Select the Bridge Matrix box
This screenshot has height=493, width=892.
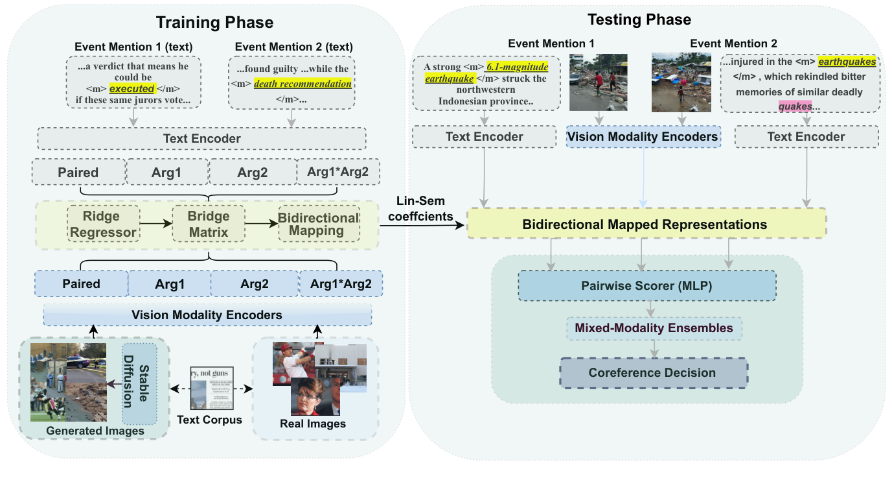tap(209, 224)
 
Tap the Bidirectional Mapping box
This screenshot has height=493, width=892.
tap(319, 224)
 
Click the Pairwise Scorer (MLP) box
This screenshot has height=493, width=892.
tap(646, 285)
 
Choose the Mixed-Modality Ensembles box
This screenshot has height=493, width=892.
tap(654, 328)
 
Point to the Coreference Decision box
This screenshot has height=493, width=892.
tap(653, 372)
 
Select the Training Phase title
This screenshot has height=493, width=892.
tap(214, 22)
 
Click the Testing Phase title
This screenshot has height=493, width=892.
tap(639, 19)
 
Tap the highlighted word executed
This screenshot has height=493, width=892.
tap(132, 89)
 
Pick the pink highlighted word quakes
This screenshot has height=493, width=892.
tap(794, 105)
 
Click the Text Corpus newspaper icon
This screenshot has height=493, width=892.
tap(211, 388)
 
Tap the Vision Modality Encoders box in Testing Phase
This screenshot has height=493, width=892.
tap(643, 136)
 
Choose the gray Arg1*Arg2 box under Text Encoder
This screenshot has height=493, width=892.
tap(338, 173)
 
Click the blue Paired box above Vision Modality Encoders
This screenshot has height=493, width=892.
tap(82, 283)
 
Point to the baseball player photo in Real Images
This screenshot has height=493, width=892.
tap(293, 361)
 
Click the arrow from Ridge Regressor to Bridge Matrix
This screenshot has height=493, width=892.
tap(155, 224)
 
